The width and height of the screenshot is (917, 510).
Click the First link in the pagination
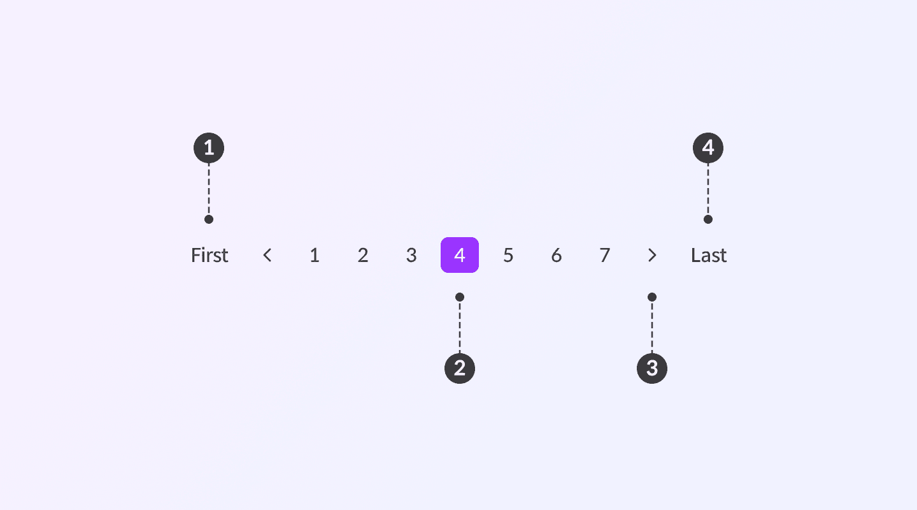210,256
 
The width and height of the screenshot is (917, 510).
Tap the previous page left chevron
267,256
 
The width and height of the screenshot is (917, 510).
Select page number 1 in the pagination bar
315,256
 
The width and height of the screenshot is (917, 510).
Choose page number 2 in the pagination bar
363,256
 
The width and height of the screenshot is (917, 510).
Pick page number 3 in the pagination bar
411,256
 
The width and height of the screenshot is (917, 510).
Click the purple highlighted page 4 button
460,255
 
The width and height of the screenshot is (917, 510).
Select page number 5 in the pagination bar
508,256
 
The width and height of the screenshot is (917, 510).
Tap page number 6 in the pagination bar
557,256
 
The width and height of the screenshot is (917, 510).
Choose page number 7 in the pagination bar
605,256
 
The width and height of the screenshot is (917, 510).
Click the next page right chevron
652,256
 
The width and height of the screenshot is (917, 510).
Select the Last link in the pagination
709,256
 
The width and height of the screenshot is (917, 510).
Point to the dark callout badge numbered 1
209,148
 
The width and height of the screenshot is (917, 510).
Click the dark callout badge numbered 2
460,368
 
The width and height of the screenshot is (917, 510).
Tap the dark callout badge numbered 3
652,368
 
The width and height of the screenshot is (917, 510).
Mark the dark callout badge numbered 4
708,148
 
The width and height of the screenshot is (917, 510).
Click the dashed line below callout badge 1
209,189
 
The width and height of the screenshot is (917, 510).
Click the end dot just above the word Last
708,219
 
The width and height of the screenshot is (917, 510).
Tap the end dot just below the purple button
460,297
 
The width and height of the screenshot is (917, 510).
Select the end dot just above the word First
209,219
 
